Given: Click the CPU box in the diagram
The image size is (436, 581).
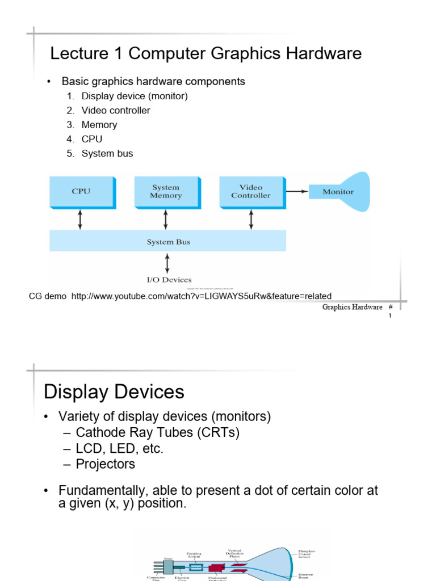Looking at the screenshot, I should (x=81, y=191).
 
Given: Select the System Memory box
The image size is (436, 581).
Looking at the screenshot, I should (x=166, y=191).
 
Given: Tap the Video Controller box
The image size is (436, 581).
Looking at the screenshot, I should (x=250, y=191).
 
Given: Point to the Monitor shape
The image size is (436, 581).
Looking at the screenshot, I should (x=338, y=192).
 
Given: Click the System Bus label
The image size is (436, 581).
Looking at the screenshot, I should (x=169, y=242).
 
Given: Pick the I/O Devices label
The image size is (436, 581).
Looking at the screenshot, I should (x=169, y=280).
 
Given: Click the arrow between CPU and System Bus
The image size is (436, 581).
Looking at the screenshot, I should (x=80, y=219).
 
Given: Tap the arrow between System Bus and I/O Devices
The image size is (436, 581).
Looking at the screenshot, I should (x=167, y=263).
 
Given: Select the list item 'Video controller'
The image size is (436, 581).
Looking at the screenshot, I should (x=116, y=111).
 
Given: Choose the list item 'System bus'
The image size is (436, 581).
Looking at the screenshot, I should (x=107, y=154).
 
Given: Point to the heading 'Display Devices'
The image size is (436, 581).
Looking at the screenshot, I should (x=114, y=392).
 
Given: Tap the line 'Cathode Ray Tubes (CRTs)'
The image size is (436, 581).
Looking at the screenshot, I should (x=157, y=432).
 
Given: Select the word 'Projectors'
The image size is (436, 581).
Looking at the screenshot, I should (x=106, y=464).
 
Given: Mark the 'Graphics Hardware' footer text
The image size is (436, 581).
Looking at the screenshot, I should (x=352, y=307).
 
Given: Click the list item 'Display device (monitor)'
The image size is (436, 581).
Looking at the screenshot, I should (x=135, y=96).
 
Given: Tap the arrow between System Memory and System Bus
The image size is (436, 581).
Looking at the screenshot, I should (x=165, y=219).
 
